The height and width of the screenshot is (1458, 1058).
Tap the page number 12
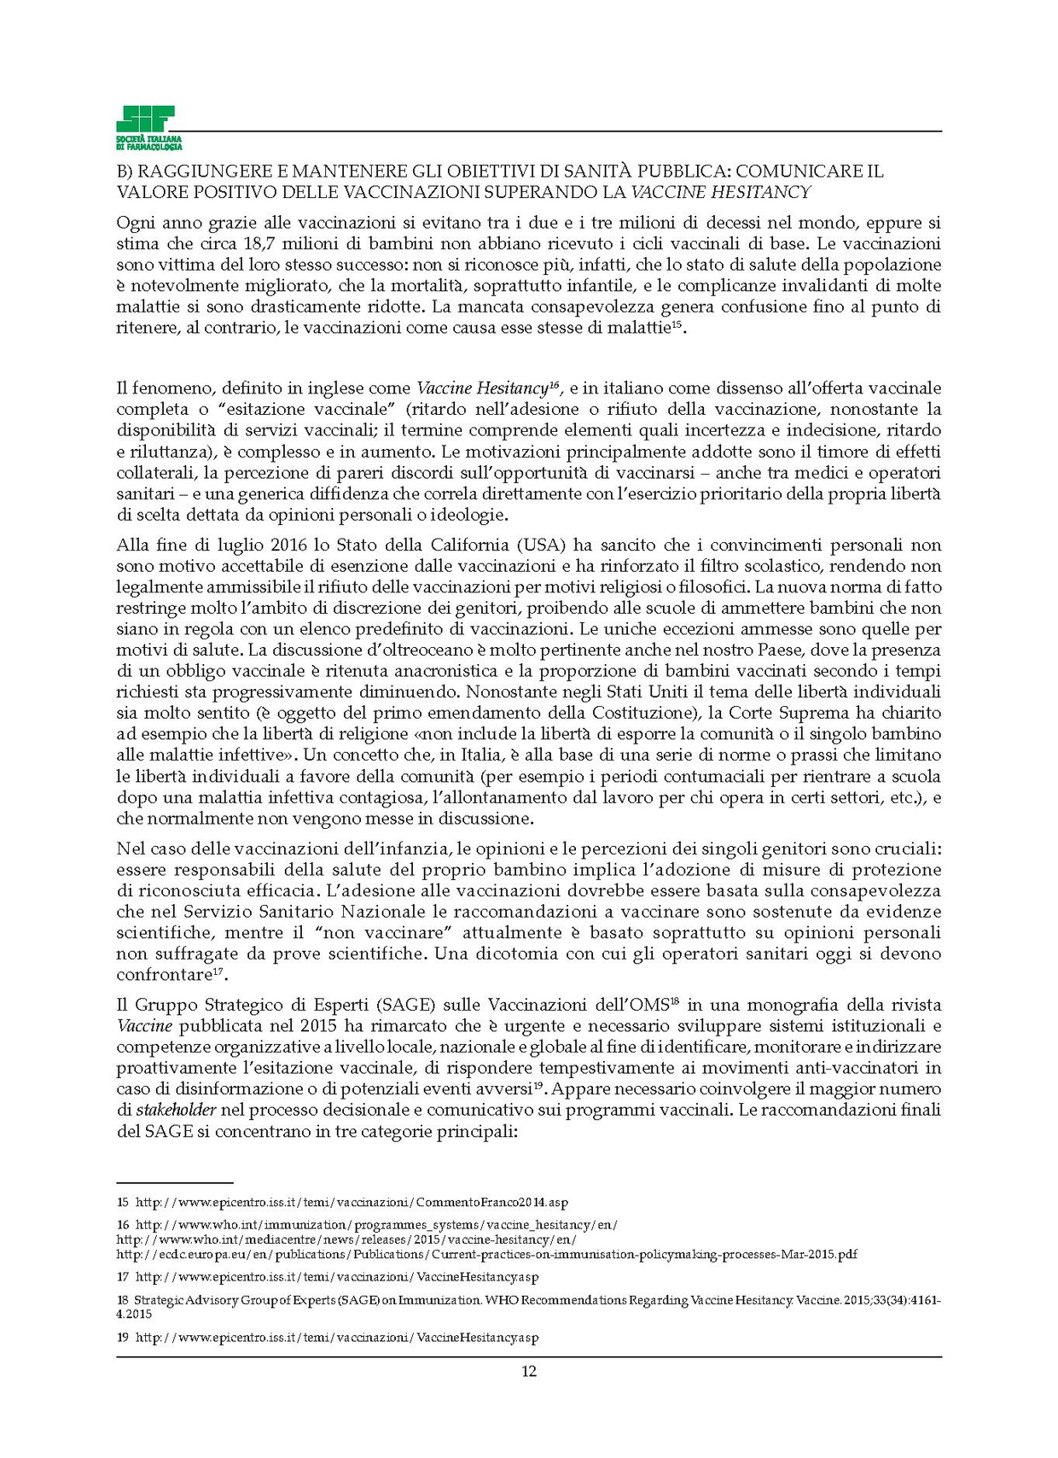(x=528, y=1372)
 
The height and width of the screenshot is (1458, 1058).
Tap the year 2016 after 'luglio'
(x=294, y=545)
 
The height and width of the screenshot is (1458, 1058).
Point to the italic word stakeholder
(x=177, y=1110)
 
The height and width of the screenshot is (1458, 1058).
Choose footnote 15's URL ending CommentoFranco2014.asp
(x=352, y=1203)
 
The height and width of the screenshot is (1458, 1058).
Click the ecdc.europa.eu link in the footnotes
(x=486, y=1254)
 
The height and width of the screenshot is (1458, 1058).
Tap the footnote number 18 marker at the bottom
(x=123, y=1300)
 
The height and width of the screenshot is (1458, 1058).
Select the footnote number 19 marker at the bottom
(x=123, y=1338)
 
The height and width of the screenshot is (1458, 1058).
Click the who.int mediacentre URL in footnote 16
(x=346, y=1239)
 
